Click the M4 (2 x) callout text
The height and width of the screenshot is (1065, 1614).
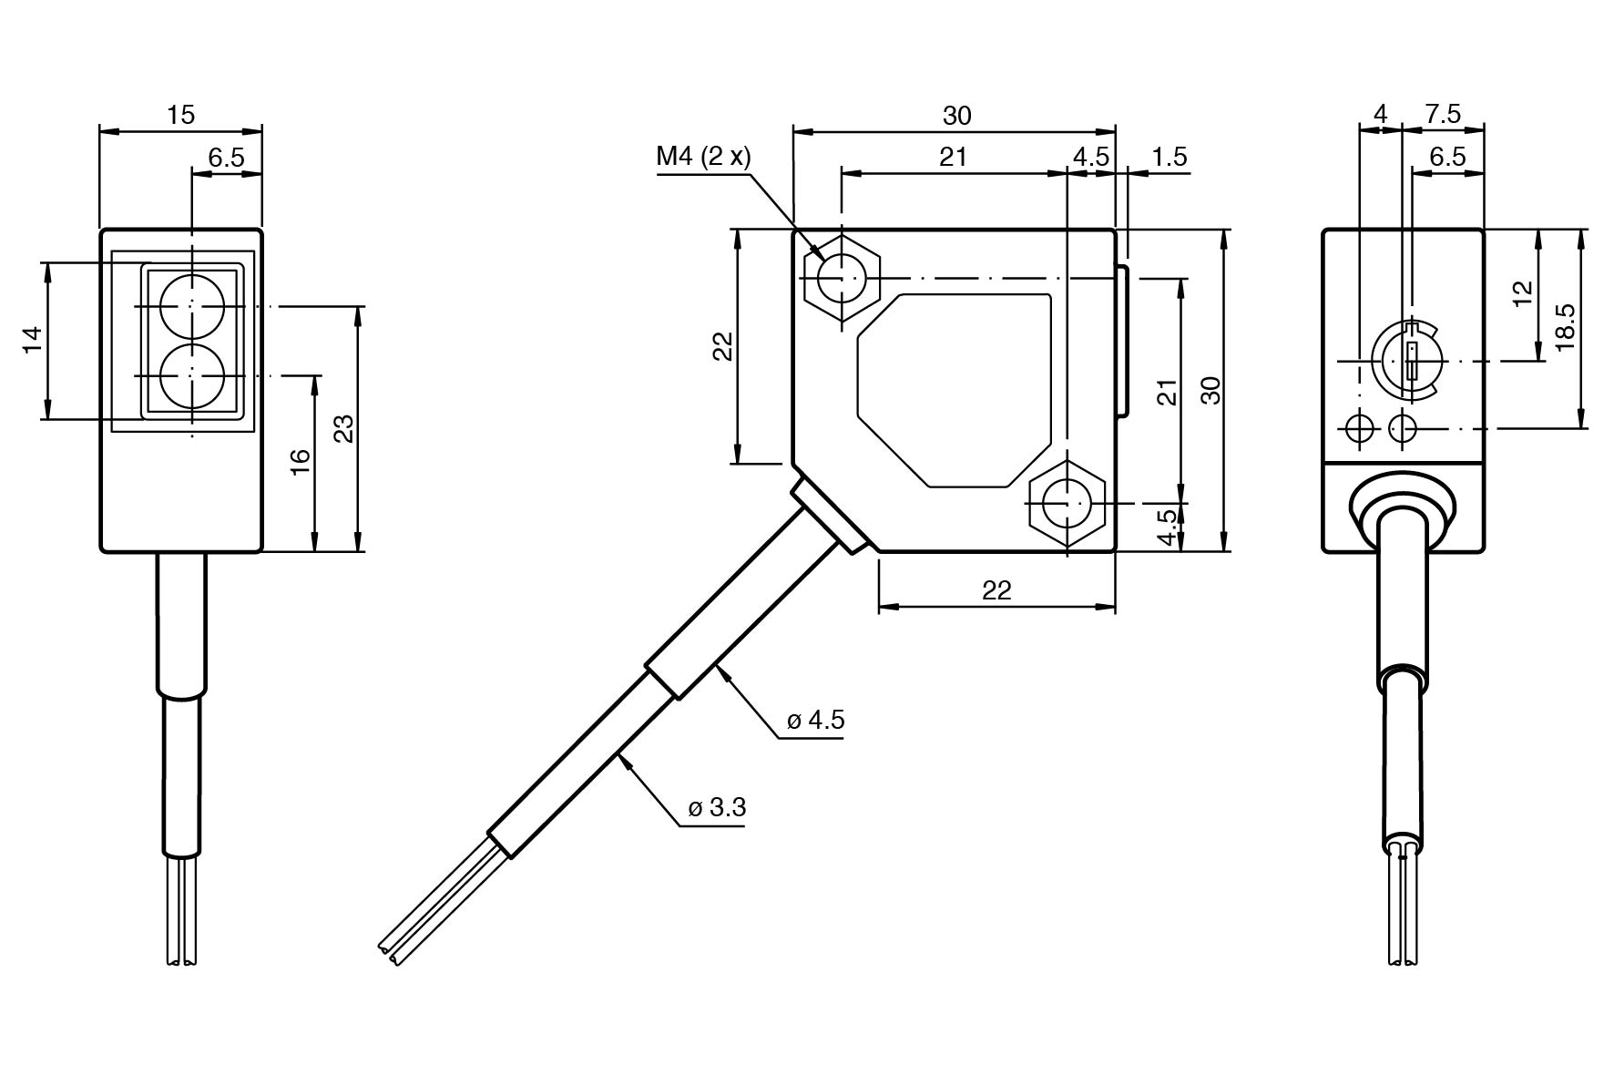[x=703, y=157]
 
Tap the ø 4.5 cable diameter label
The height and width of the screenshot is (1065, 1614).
[x=815, y=720]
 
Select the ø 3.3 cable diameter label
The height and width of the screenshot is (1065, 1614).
[x=717, y=807]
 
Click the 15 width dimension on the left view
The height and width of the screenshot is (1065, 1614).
[x=180, y=115]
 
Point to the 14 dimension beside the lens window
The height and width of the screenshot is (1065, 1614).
[x=33, y=341]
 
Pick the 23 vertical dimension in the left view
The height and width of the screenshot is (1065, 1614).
[x=343, y=427]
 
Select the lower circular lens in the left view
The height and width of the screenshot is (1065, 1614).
[x=191, y=375]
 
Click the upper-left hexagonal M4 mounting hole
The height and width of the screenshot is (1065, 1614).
[x=842, y=277]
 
